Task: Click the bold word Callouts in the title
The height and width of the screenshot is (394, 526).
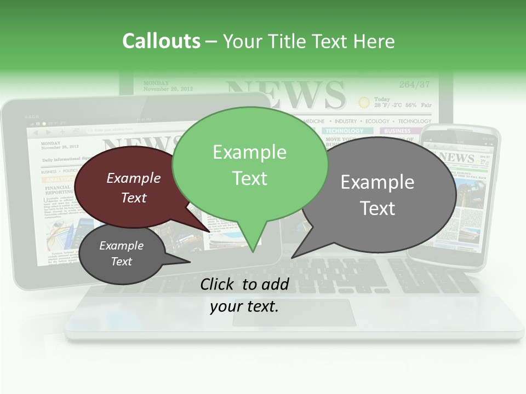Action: (161, 41)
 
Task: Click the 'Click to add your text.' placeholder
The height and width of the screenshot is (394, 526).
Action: (244, 296)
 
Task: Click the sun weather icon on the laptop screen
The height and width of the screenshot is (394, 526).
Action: (364, 102)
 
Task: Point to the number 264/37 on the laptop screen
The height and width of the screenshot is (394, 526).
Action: (414, 85)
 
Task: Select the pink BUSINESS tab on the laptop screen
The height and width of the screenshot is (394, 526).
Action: (397, 131)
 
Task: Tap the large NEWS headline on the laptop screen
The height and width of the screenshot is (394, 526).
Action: (285, 94)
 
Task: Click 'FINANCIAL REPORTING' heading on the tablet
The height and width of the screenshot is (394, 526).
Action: (59, 190)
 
